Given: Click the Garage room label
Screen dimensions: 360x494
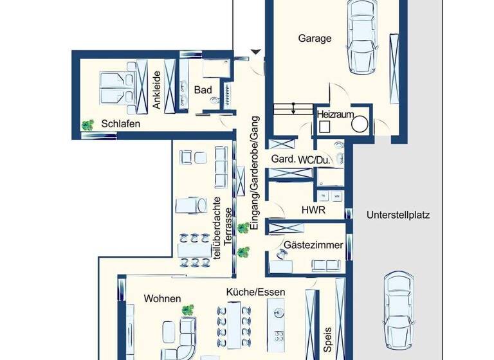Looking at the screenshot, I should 315,39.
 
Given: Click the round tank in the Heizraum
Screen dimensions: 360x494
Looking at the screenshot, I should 359,124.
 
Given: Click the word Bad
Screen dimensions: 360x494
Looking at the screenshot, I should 203,90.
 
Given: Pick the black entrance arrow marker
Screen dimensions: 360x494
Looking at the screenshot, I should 256,52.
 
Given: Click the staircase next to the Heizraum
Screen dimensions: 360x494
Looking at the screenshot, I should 293,109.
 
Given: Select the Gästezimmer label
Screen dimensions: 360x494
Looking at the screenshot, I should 313,245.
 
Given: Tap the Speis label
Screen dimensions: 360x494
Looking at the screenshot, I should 327,340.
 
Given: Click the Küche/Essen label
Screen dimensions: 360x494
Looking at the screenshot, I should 255,292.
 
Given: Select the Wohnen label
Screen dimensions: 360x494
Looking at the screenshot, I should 162,298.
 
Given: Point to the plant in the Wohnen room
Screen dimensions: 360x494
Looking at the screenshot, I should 188,310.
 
